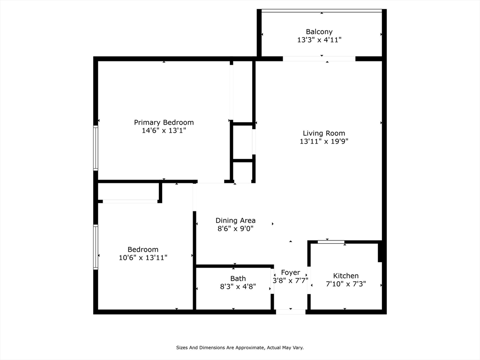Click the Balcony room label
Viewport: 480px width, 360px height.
click(319, 32)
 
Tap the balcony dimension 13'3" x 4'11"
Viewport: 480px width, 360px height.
click(319, 40)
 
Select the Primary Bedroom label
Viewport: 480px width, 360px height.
click(164, 122)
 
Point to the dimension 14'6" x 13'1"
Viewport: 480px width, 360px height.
click(164, 131)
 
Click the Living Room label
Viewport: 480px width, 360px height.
click(323, 133)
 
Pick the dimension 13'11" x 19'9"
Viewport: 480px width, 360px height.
click(323, 141)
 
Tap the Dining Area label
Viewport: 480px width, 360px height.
click(235, 220)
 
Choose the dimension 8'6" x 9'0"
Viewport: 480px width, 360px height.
click(235, 229)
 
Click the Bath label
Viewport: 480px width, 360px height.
click(238, 278)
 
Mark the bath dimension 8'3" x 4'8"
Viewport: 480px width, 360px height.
click(238, 286)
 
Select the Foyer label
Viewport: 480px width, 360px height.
click(290, 272)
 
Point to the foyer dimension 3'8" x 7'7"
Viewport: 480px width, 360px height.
click(290, 280)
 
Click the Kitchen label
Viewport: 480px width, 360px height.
click(345, 276)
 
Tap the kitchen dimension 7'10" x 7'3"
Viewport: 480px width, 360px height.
click(345, 284)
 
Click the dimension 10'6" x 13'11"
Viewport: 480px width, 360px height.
click(143, 257)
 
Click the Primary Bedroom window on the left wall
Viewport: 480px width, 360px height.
click(96, 148)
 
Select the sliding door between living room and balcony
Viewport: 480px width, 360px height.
click(319, 59)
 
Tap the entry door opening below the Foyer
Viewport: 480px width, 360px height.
click(291, 312)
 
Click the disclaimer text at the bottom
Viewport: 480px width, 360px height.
click(240, 347)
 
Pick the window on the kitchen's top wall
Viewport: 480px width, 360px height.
click(331, 242)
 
